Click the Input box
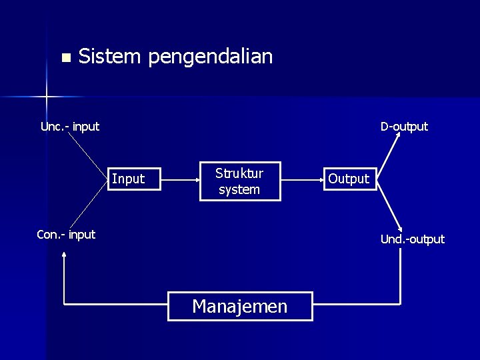point(135,179)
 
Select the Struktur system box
point(239,181)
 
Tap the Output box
point(349,179)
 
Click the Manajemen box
point(240,306)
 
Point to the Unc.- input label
point(70,127)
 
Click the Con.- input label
point(66,235)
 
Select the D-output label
point(404,127)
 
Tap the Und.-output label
point(413,239)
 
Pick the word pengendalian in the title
point(211,57)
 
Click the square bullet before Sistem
point(65,57)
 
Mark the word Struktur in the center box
point(239,173)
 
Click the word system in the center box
point(239,189)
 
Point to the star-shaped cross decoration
point(47,97)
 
